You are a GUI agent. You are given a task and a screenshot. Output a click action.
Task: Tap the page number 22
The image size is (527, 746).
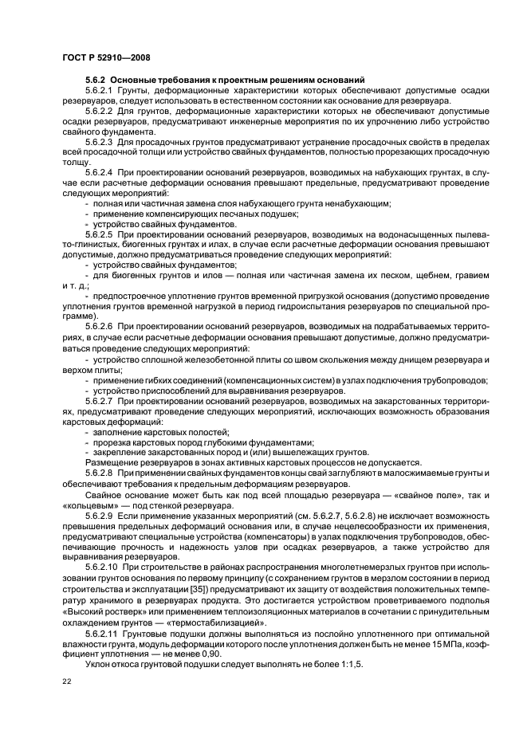[67, 680]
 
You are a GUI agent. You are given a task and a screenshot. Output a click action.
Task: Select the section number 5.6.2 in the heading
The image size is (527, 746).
[94, 80]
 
